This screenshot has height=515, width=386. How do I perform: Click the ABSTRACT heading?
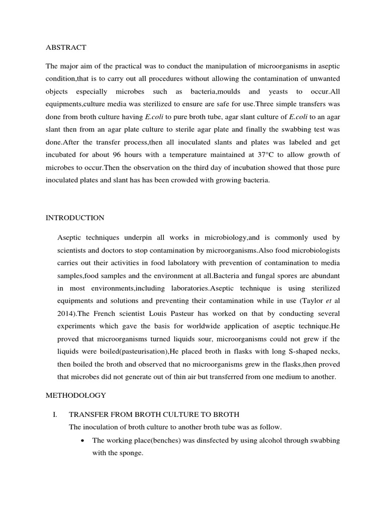point(66,47)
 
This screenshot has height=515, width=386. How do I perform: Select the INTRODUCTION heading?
point(75,218)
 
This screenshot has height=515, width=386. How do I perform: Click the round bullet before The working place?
point(81,441)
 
